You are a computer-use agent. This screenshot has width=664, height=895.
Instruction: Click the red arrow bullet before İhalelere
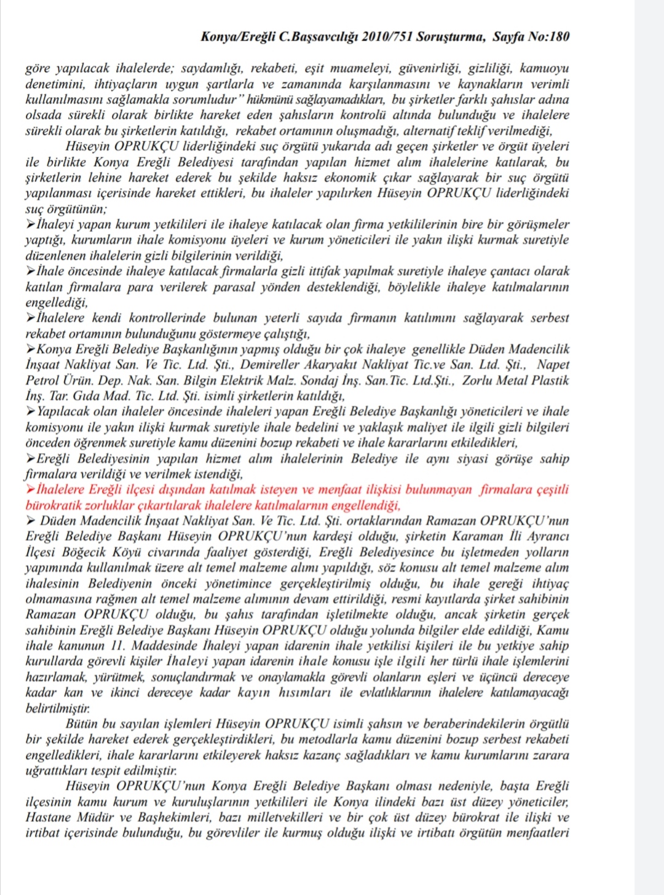pyautogui.click(x=31, y=490)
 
